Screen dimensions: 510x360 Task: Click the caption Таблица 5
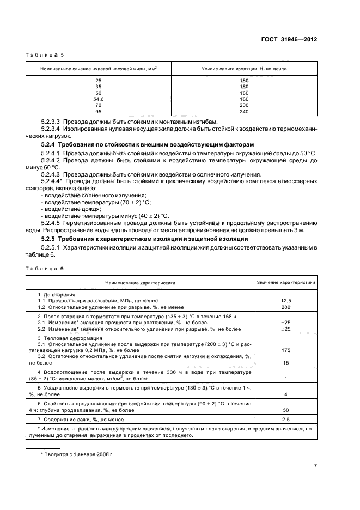pos(45,55)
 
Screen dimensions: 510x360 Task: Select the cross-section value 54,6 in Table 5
pos(98,99)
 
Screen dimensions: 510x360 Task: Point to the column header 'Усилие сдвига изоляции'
pos(244,69)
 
